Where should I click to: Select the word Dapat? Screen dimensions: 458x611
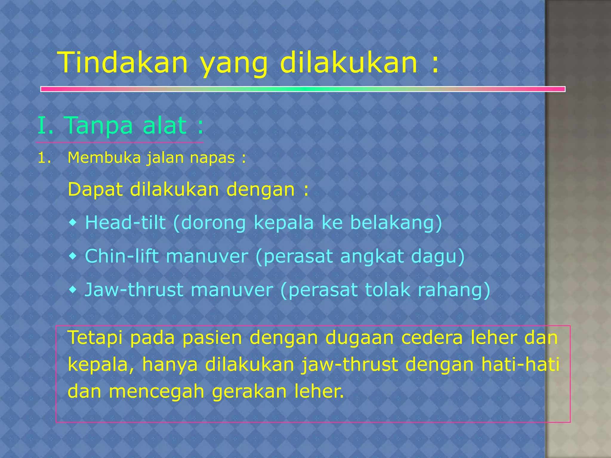[x=95, y=190]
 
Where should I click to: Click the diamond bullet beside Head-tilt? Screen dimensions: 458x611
[x=73, y=222]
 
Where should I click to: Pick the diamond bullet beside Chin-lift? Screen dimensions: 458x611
[x=73, y=256]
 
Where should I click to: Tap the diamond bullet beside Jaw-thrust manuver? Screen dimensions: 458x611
[x=73, y=290]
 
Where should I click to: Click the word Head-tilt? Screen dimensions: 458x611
[x=125, y=222]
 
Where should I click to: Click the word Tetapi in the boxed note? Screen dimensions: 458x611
[x=95, y=338]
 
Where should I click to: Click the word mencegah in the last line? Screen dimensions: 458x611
[x=157, y=392]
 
